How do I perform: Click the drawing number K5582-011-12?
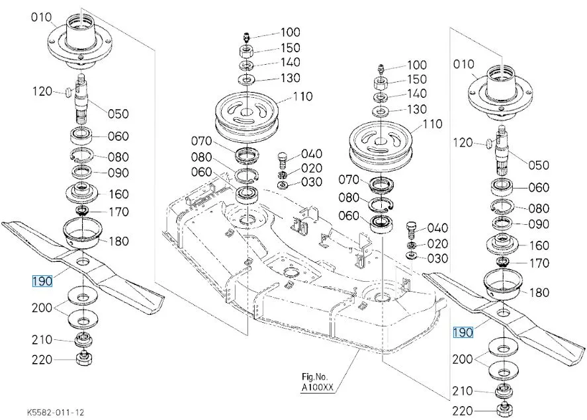56,413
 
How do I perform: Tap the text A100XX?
317,388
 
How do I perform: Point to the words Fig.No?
314,376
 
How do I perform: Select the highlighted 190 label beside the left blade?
42,281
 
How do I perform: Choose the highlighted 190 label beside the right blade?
463,332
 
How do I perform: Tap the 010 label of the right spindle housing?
463,64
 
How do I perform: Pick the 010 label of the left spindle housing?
41,17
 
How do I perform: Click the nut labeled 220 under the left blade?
83,358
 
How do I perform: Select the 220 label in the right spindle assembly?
463,411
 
